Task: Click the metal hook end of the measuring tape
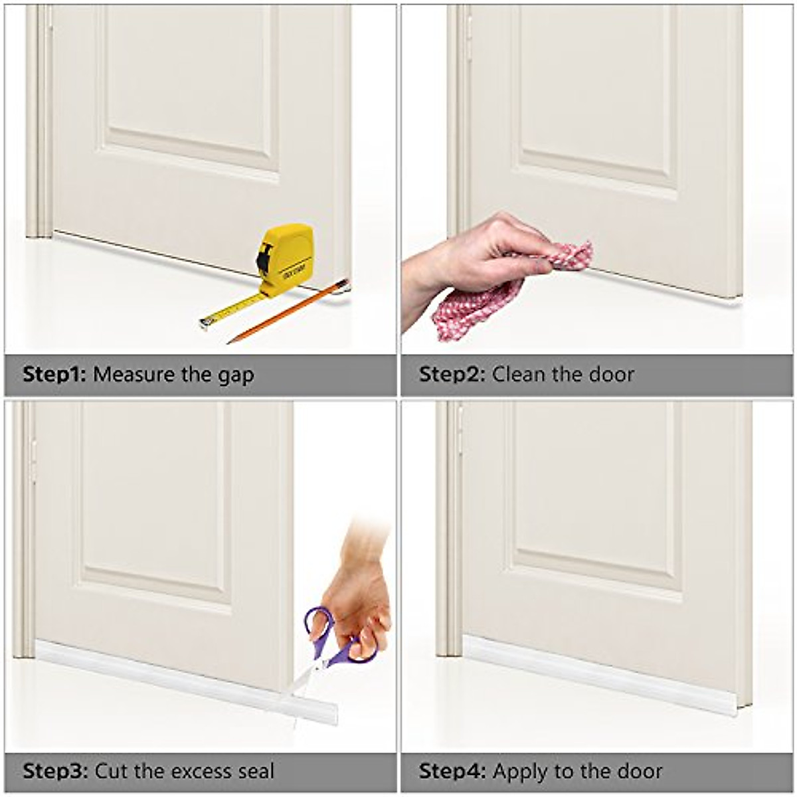pyautogui.click(x=203, y=323)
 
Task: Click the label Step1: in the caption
pyautogui.click(x=54, y=375)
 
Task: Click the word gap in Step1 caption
pyautogui.click(x=235, y=376)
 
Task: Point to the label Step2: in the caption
pyautogui.click(x=451, y=375)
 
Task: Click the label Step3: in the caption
pyautogui.click(x=54, y=771)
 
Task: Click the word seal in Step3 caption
pyautogui.click(x=256, y=771)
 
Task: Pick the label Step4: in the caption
pyautogui.click(x=451, y=771)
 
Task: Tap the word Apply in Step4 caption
pyautogui.click(x=521, y=772)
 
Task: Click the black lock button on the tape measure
pyautogui.click(x=264, y=258)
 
